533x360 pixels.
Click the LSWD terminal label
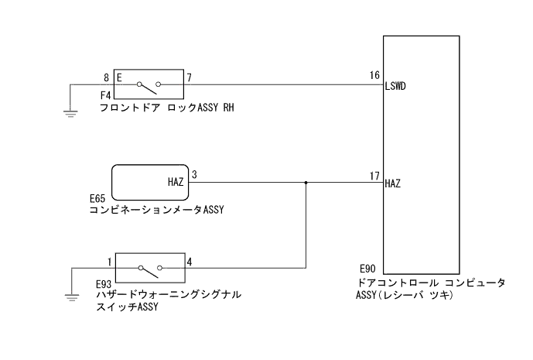pyautogui.click(x=396, y=87)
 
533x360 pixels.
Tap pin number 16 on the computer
pyautogui.click(x=375, y=77)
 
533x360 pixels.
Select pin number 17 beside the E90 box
pyautogui.click(x=375, y=175)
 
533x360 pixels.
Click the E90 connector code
pyautogui.click(x=367, y=266)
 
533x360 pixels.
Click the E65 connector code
pyautogui.click(x=98, y=198)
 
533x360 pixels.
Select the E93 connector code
pyautogui.click(x=104, y=283)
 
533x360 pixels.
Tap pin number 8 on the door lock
pyautogui.click(x=106, y=77)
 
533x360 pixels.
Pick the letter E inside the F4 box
pyautogui.click(x=120, y=77)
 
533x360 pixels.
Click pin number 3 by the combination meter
pyautogui.click(x=195, y=175)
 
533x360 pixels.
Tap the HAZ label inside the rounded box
pyautogui.click(x=176, y=183)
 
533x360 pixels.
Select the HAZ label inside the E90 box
pyautogui.click(x=393, y=184)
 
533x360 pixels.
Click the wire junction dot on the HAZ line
pyautogui.click(x=306, y=183)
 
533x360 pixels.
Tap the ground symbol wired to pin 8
pyautogui.click(x=70, y=114)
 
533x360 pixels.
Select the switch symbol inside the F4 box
pyautogui.click(x=149, y=84)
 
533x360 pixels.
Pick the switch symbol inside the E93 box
pyautogui.click(x=149, y=269)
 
